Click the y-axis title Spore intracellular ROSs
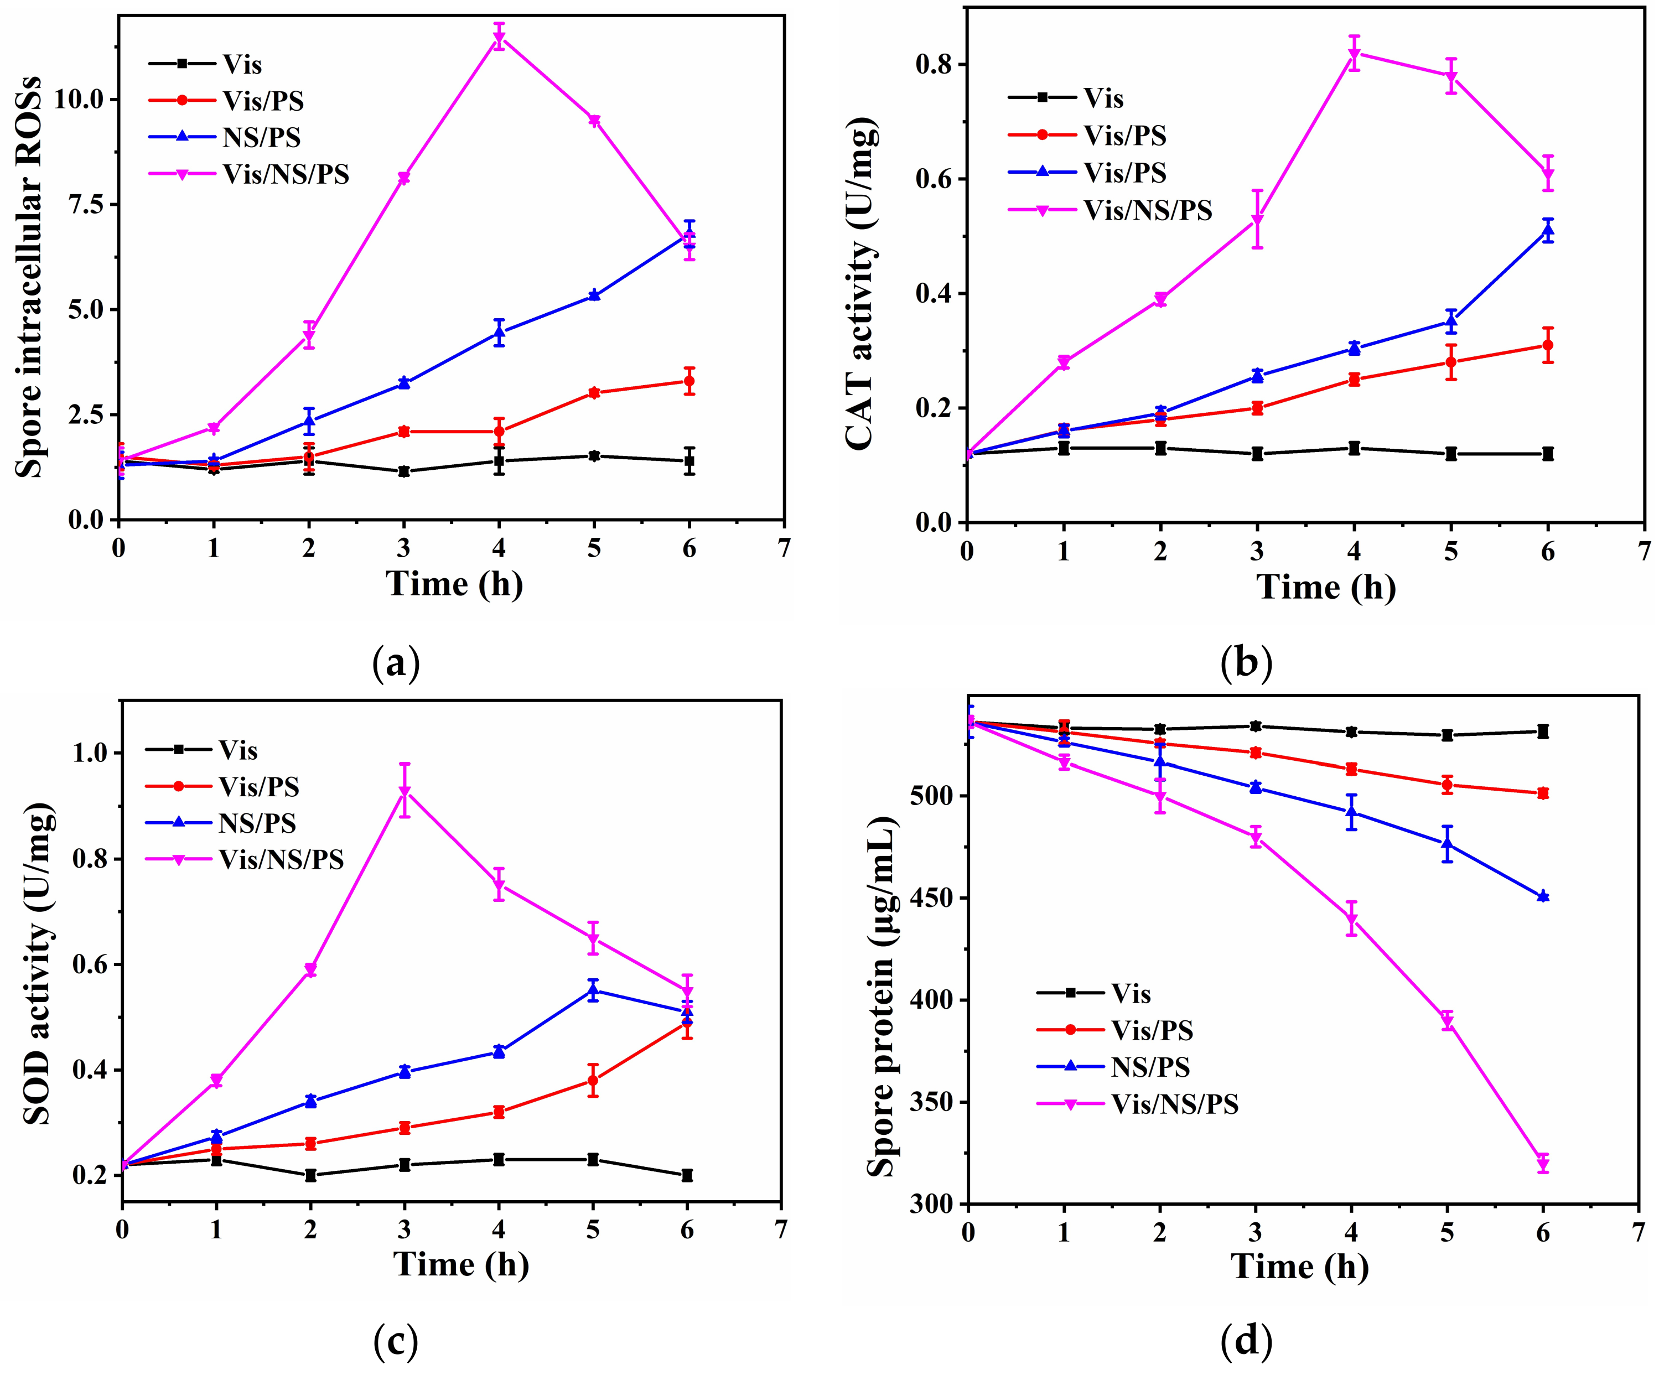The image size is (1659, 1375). pos(29,277)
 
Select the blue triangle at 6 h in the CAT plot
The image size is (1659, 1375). pos(1547,231)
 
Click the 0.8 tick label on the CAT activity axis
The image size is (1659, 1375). pos(933,64)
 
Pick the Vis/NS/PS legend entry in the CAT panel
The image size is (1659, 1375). pos(1147,210)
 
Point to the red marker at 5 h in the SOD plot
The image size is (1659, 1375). pos(593,1081)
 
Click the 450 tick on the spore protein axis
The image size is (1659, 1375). pos(932,898)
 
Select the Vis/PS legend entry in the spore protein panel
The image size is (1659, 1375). pos(1151,1030)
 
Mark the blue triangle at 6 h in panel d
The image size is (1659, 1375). pos(1542,896)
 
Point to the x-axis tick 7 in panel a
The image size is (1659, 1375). pos(784,547)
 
